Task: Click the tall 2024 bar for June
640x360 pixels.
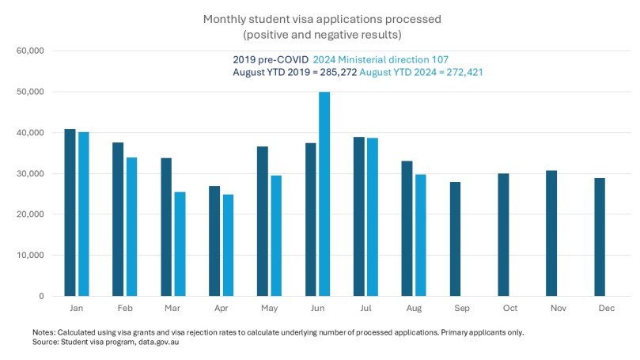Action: pos(324,194)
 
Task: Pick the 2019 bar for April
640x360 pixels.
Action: pos(214,241)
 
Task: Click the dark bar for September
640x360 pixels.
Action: pos(455,239)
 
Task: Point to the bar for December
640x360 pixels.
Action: pos(600,237)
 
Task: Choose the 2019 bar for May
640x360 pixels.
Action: pos(263,221)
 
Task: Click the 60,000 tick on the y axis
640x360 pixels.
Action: pos(30,51)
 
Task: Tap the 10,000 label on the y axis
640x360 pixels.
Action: pos(30,256)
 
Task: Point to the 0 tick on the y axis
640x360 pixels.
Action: pos(40,297)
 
